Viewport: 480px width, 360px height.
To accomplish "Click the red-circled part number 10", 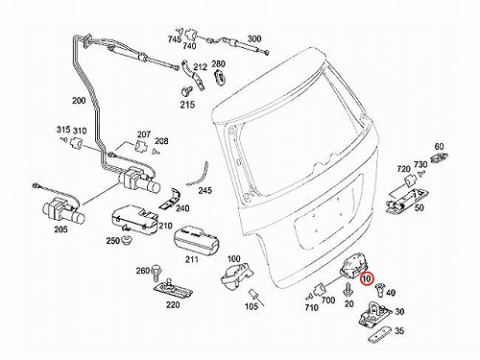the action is point(366,278).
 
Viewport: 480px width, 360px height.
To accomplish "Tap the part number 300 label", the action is point(254,39).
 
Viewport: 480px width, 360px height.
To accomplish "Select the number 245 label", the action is point(204,190).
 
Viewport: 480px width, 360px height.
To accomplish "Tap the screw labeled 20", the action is point(348,290).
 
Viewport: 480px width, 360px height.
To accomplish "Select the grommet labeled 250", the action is point(127,239).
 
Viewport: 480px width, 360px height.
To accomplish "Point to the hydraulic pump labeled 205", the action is point(63,211).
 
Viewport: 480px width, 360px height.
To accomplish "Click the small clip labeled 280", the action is point(219,77).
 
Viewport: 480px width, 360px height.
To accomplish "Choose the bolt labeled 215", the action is point(186,90).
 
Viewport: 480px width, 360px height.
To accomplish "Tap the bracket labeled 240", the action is point(170,200).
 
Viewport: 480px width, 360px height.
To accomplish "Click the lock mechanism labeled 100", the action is point(236,276).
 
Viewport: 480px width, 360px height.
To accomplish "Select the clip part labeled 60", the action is point(439,157).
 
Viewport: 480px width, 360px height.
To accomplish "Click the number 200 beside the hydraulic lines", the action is point(79,101).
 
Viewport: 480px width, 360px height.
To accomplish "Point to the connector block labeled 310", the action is point(76,143).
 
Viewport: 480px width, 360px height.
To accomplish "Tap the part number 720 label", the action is point(403,169).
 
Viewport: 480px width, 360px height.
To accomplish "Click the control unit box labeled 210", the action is point(134,221).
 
